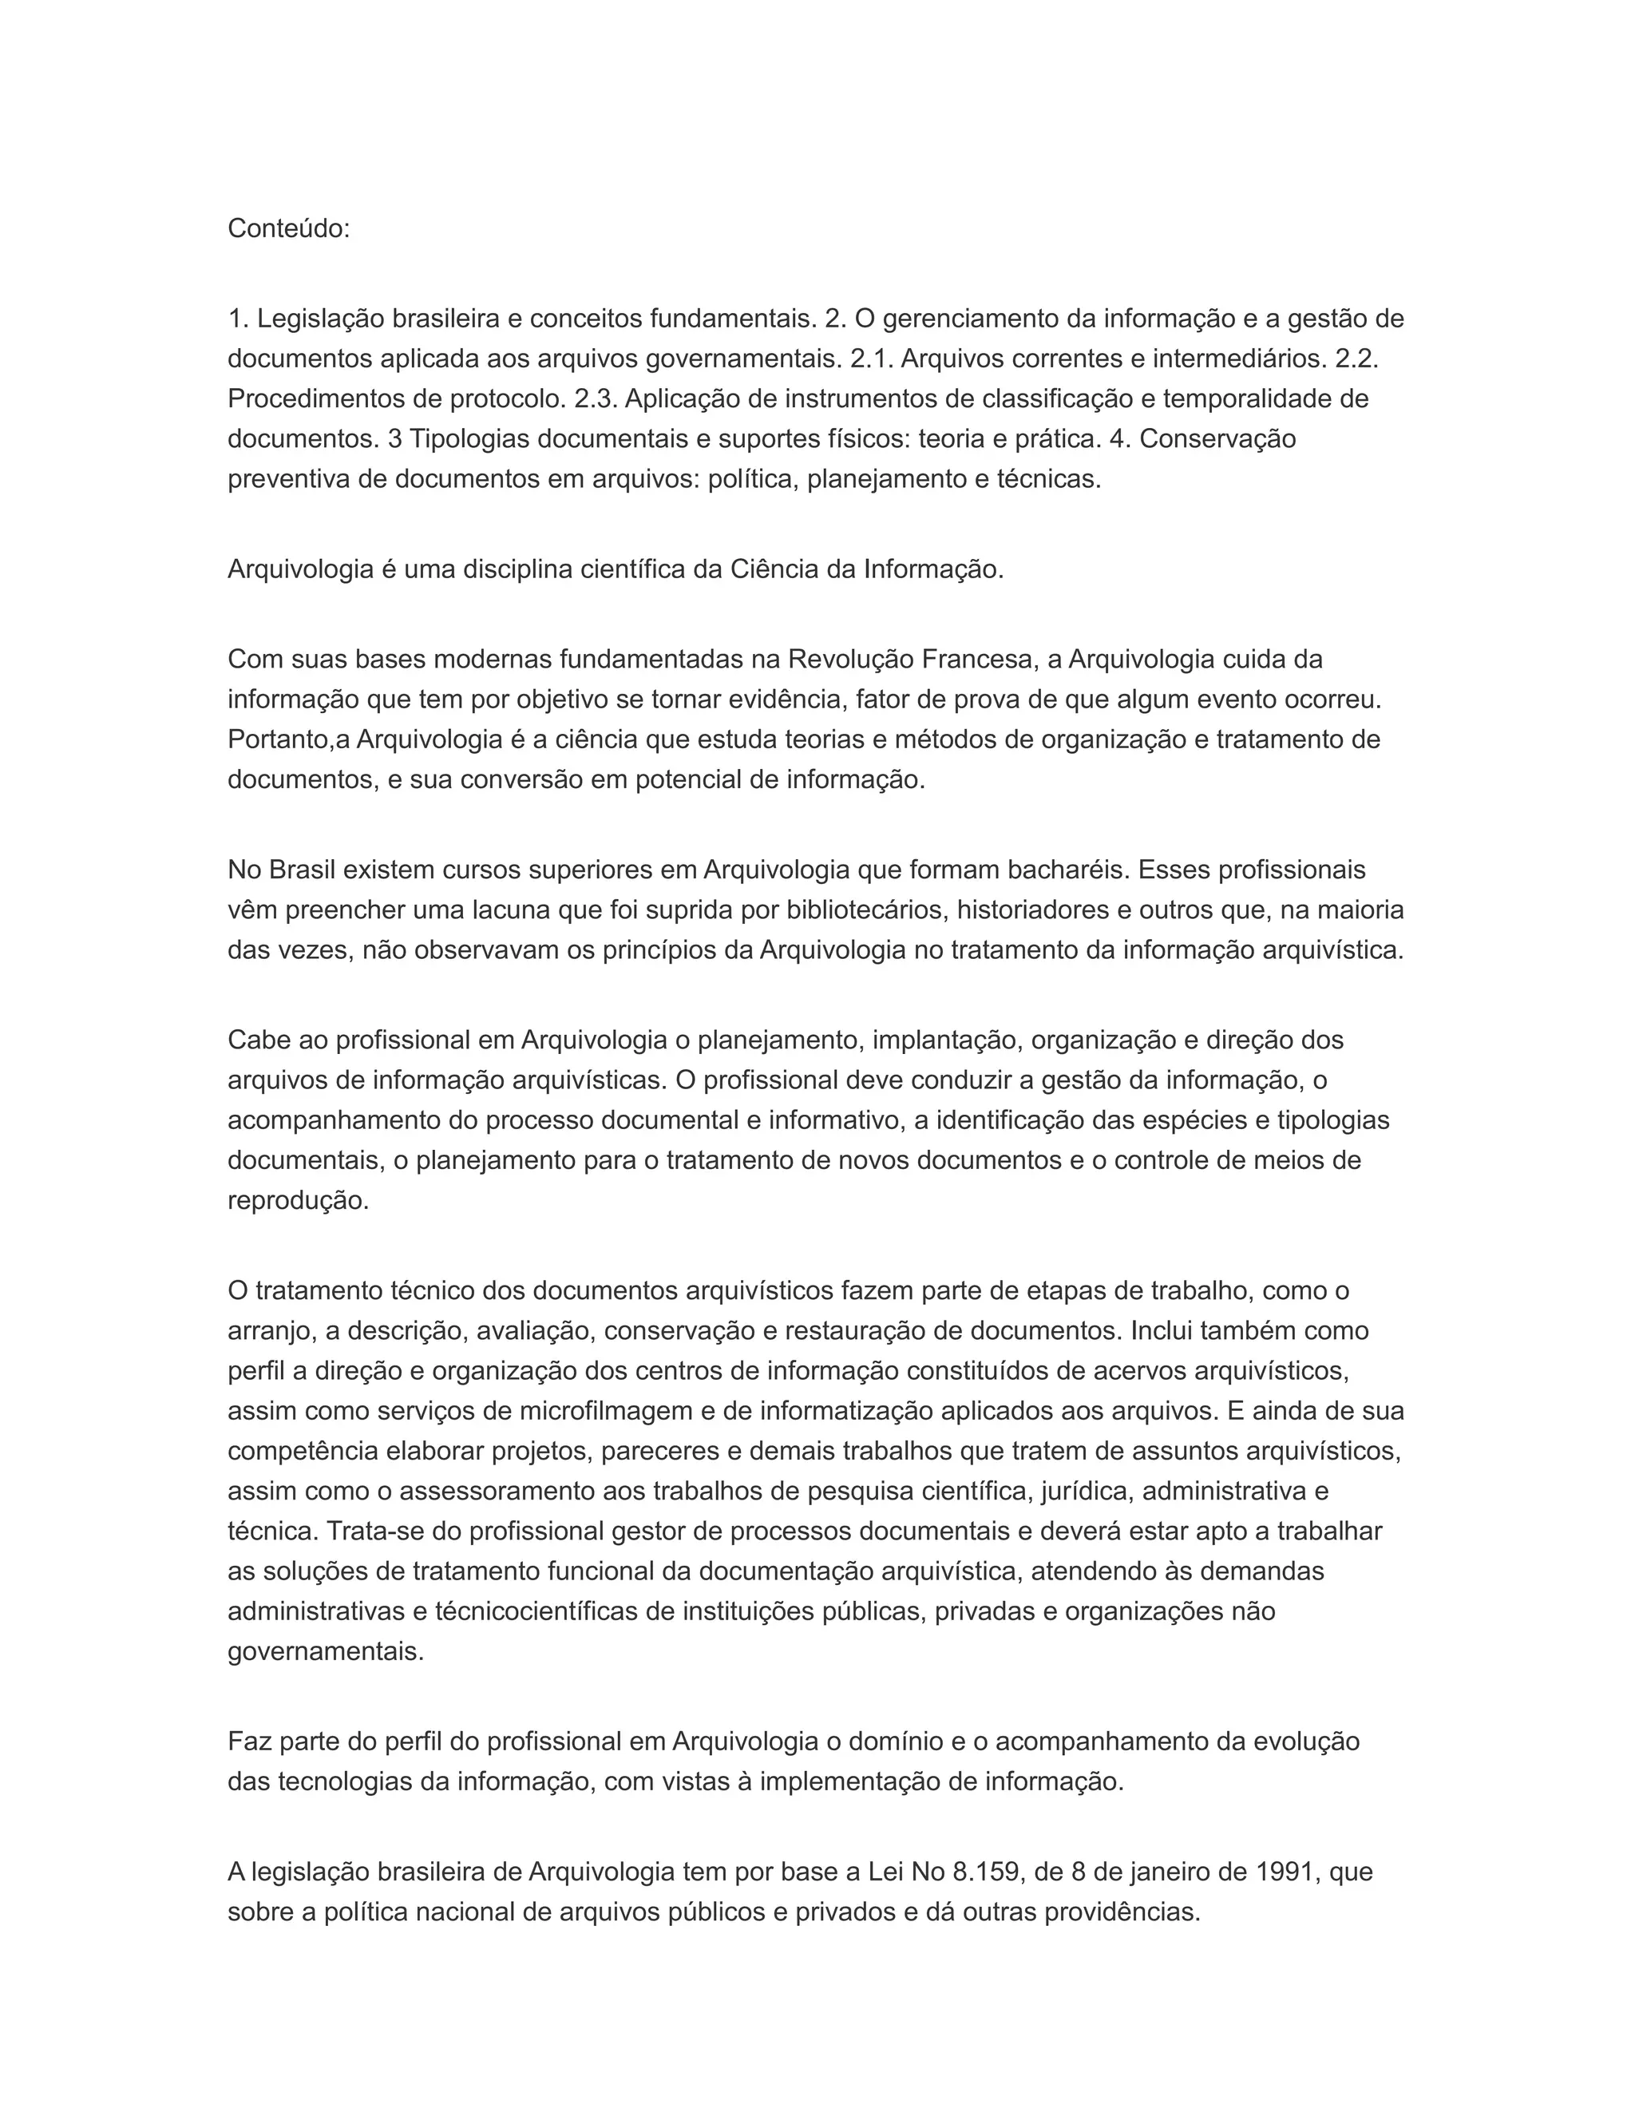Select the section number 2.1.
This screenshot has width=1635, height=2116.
(871, 359)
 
